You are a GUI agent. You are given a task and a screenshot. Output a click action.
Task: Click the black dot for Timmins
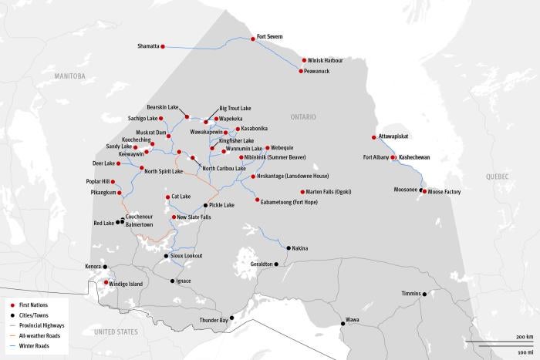click(x=424, y=294)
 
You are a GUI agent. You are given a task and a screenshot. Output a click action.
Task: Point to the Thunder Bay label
click(x=213, y=320)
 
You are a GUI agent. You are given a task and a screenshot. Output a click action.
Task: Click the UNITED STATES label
click(x=116, y=331)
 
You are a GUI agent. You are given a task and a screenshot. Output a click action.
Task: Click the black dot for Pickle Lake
click(x=205, y=206)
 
